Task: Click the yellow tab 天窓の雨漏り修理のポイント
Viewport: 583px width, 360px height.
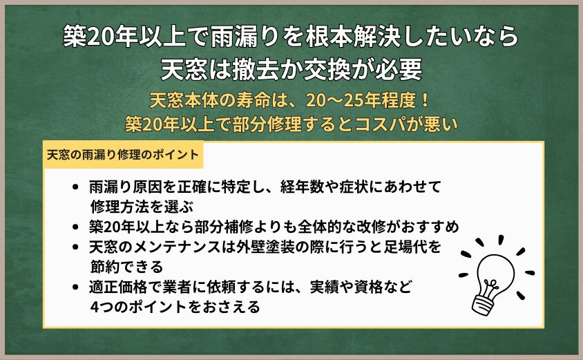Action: pos(123,155)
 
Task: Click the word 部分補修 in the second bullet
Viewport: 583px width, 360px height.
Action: pos(223,227)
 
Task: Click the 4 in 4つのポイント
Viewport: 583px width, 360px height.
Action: pos(95,307)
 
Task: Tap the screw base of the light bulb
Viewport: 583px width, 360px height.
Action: pos(484,304)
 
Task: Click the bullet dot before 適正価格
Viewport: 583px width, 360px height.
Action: pos(76,287)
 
